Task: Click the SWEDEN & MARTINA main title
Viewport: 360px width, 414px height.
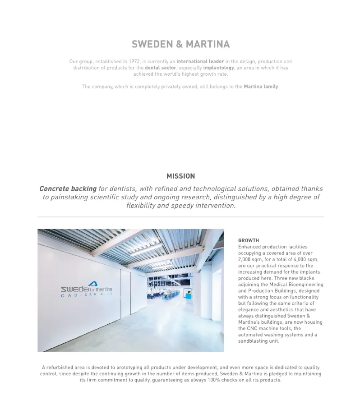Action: coord(180,44)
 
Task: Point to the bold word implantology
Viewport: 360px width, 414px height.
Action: coord(219,68)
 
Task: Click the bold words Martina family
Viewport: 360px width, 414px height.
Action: coord(261,86)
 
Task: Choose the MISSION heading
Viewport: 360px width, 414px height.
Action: coord(180,176)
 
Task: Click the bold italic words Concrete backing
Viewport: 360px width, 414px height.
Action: coord(68,189)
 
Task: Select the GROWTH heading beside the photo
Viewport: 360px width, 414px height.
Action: coord(249,240)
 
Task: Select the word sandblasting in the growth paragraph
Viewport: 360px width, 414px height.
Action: coord(254,341)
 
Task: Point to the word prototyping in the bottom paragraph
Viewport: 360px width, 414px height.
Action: coord(124,367)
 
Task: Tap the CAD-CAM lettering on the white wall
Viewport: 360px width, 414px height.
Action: coord(86,295)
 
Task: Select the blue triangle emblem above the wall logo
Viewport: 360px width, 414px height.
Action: coord(92,284)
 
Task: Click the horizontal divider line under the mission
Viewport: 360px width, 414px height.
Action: coord(180,217)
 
